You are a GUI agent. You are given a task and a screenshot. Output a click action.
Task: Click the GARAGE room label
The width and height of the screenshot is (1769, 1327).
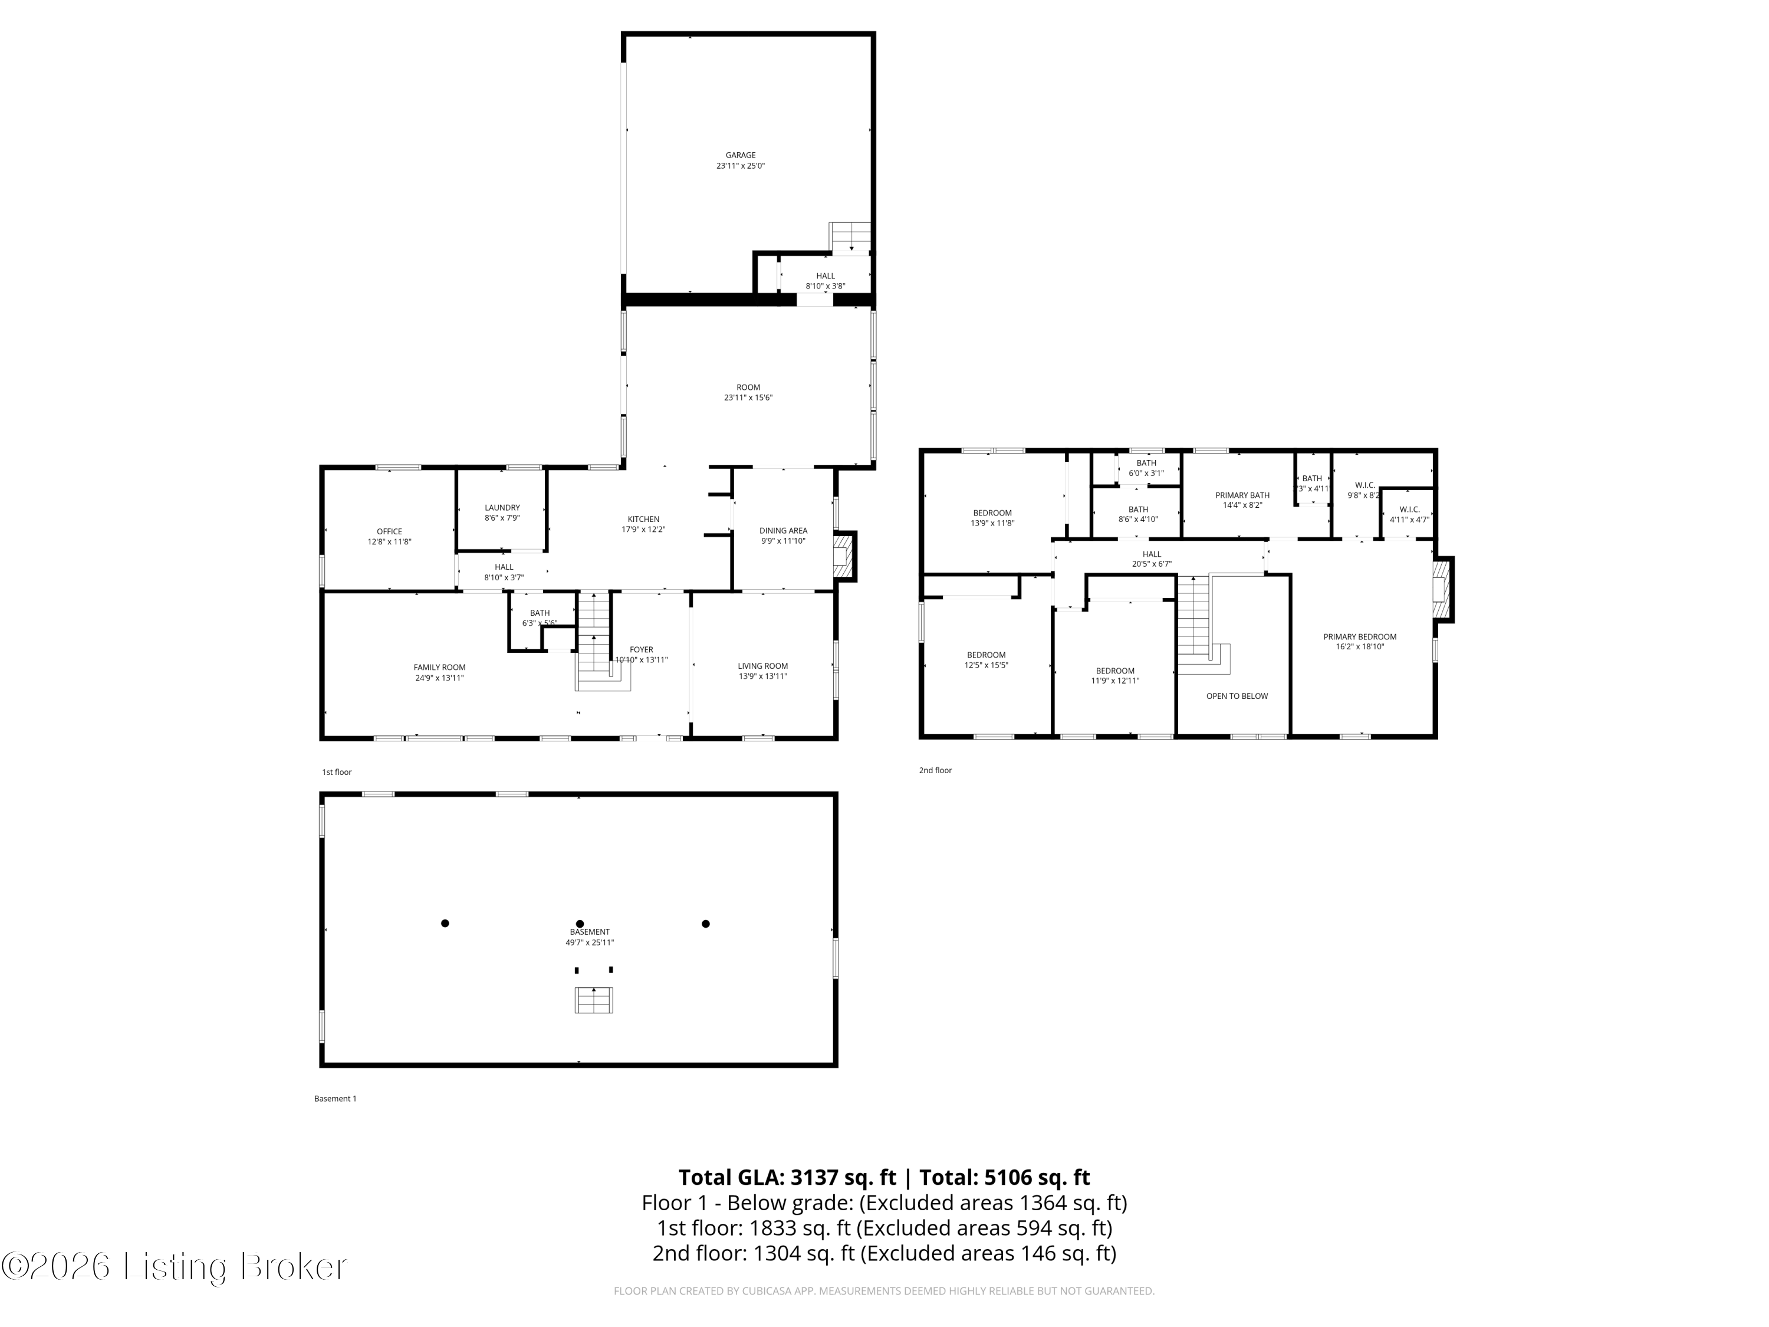[740, 155]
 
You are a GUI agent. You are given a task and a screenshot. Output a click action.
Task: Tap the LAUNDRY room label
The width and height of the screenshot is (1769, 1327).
[502, 508]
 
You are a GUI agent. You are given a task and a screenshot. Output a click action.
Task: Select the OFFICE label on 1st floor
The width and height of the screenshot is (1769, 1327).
[389, 531]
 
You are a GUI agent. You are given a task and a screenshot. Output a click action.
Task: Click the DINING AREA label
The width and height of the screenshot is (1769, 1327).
[783, 530]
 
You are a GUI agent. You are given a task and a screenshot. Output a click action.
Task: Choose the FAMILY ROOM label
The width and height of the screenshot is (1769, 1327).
[439, 667]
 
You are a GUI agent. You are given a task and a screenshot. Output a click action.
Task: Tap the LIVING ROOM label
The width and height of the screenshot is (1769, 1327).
[762, 665]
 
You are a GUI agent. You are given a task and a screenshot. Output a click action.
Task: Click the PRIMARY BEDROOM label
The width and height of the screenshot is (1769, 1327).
[1360, 637]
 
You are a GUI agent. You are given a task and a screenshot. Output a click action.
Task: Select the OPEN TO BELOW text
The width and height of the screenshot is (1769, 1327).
[1237, 696]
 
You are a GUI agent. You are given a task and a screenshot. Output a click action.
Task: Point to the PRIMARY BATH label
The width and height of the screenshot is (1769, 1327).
[1242, 495]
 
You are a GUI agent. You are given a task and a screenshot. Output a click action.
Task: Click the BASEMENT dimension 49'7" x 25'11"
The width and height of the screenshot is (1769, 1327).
[590, 942]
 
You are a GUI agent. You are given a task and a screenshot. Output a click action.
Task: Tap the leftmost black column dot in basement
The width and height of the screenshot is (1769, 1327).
[445, 923]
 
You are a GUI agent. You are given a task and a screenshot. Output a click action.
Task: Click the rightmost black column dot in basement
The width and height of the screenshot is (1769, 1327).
[705, 924]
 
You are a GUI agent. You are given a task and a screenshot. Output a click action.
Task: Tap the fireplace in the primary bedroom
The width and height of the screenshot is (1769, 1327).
[1442, 590]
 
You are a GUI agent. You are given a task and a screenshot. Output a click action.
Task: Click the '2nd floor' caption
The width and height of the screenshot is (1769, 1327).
[935, 770]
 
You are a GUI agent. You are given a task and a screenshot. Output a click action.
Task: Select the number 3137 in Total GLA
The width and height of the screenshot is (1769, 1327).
[813, 1177]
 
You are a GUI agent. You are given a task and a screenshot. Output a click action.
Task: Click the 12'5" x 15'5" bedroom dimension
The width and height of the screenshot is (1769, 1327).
[986, 665]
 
